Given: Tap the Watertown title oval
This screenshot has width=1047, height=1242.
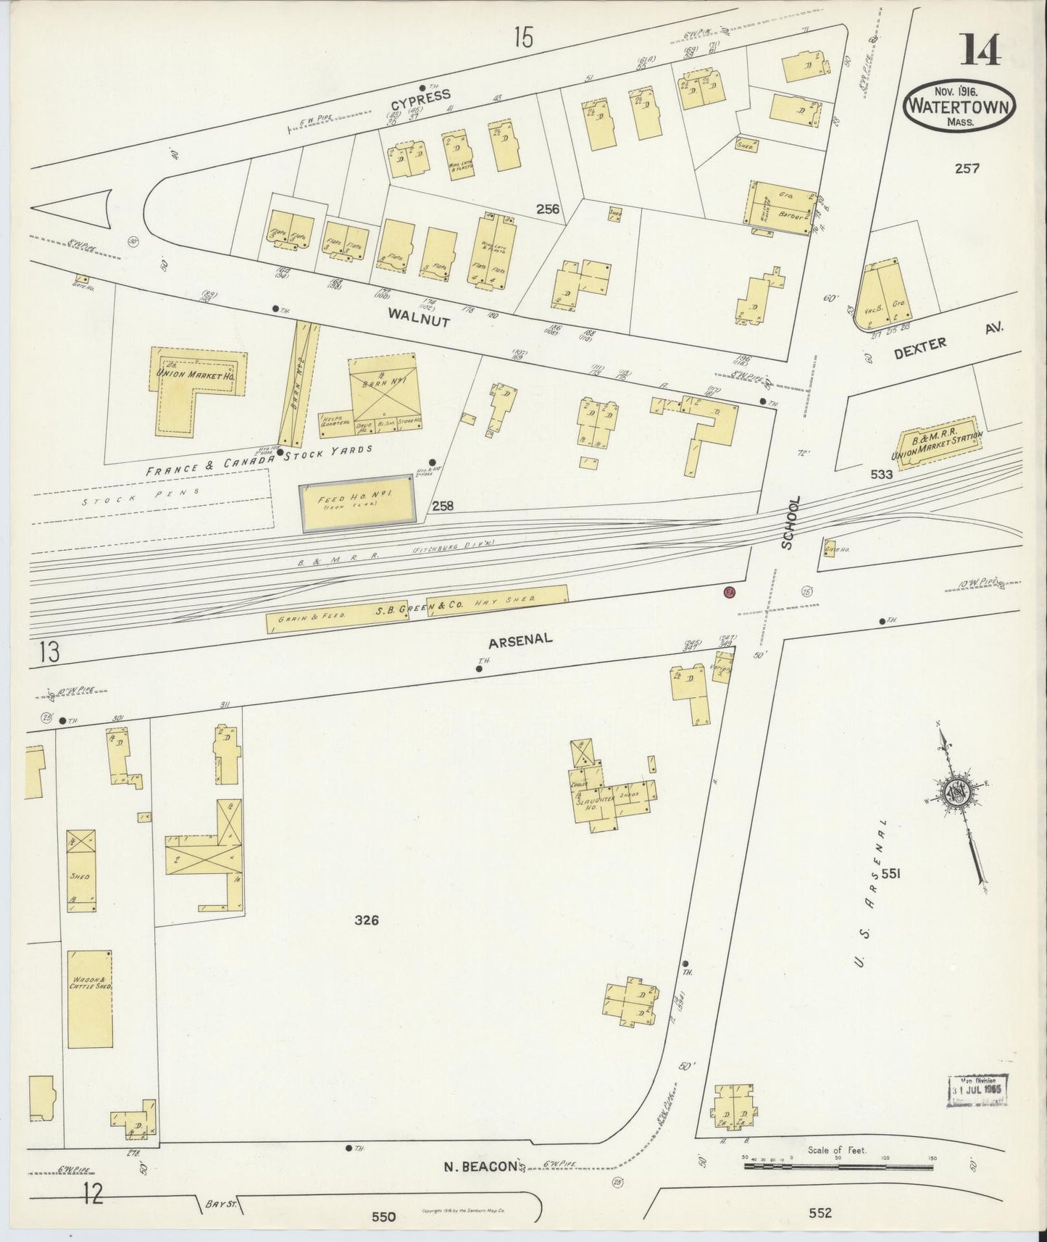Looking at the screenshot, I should tap(959, 107).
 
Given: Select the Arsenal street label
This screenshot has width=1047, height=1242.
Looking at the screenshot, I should tap(520, 639).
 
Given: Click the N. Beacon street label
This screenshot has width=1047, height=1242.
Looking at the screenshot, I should tap(480, 1167).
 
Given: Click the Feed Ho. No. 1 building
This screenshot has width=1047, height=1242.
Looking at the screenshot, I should tap(358, 502).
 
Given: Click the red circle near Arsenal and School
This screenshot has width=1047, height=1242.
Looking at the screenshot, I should tap(729, 592).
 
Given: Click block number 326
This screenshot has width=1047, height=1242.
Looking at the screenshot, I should tap(367, 921).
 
